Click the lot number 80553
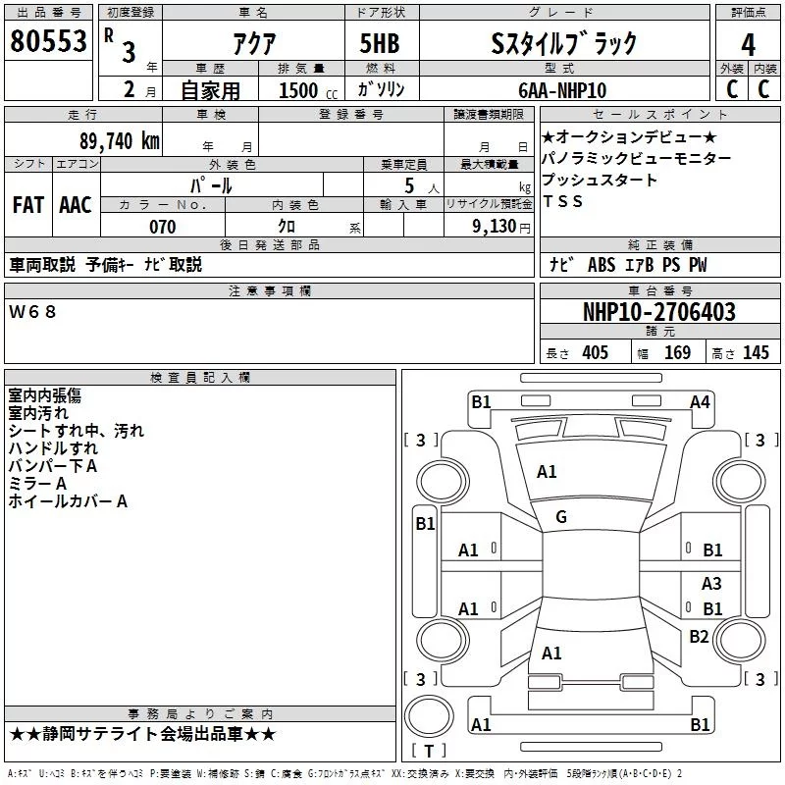click(x=47, y=42)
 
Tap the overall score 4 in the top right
click(x=748, y=44)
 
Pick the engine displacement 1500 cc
click(x=299, y=90)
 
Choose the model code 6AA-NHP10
click(x=562, y=90)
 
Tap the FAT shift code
click(x=27, y=204)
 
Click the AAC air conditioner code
click(x=76, y=204)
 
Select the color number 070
click(x=162, y=227)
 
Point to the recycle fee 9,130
click(x=500, y=227)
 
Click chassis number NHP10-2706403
click(x=658, y=312)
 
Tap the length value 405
click(x=594, y=352)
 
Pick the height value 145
click(x=756, y=352)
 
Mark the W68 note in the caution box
click(x=33, y=311)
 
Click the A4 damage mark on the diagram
click(x=700, y=401)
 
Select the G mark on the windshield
click(x=561, y=517)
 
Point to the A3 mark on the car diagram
click(x=711, y=583)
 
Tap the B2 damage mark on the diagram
click(x=699, y=636)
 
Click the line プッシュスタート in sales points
click(x=600, y=180)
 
